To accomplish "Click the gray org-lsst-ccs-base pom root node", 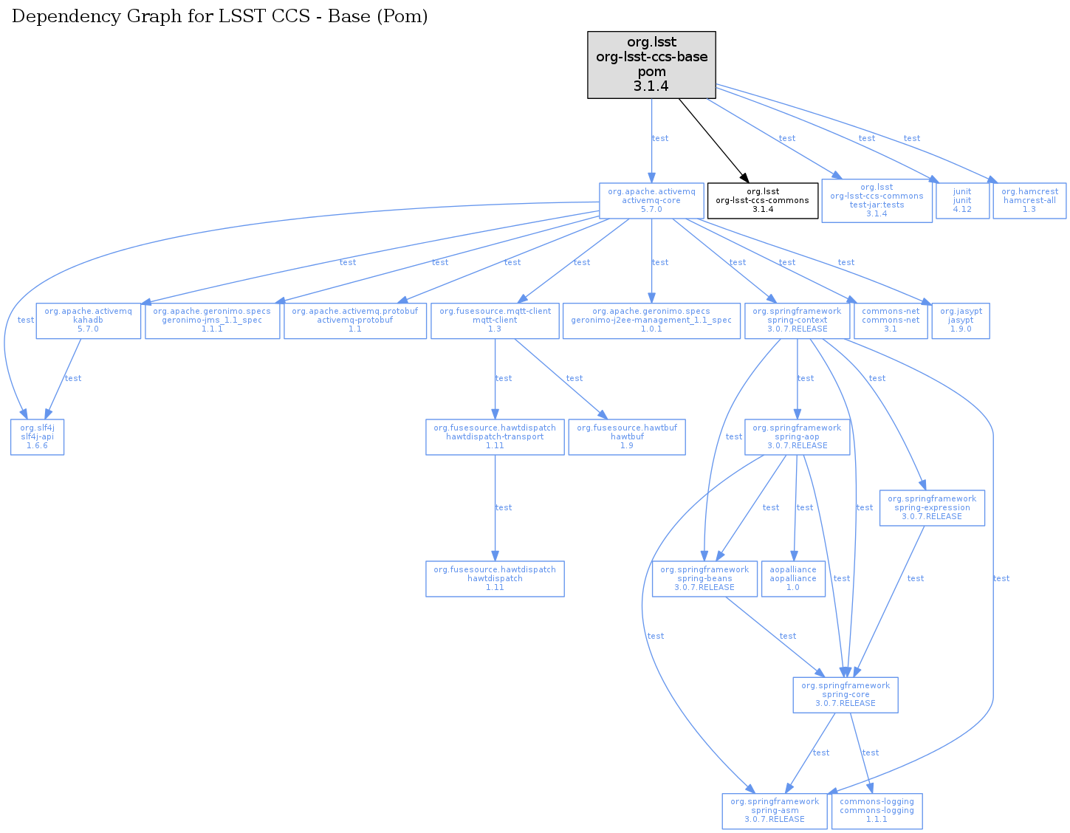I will point(651,65).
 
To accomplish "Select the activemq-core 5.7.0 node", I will point(651,201).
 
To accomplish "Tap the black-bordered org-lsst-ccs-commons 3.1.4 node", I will point(763,201).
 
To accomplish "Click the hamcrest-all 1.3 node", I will point(1029,201).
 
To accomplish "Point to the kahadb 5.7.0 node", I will point(88,320).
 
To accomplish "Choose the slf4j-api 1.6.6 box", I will point(37,437).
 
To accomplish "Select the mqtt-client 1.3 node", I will point(495,320).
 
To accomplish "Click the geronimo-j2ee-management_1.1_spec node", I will point(651,320).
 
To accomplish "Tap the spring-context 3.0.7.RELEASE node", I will point(797,320).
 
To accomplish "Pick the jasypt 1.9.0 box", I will point(960,320).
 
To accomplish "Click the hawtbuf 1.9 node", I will point(627,437).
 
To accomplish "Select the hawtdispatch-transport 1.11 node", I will point(495,437).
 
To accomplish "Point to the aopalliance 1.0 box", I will point(793,579).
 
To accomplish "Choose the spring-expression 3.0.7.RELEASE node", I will point(932,508).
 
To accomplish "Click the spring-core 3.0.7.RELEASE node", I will point(846,695).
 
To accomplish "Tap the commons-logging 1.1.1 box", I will point(877,811).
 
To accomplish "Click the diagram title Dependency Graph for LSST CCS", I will point(220,16).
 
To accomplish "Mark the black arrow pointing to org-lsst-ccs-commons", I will point(712,140).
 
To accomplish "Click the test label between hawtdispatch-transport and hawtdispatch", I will point(504,508).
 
